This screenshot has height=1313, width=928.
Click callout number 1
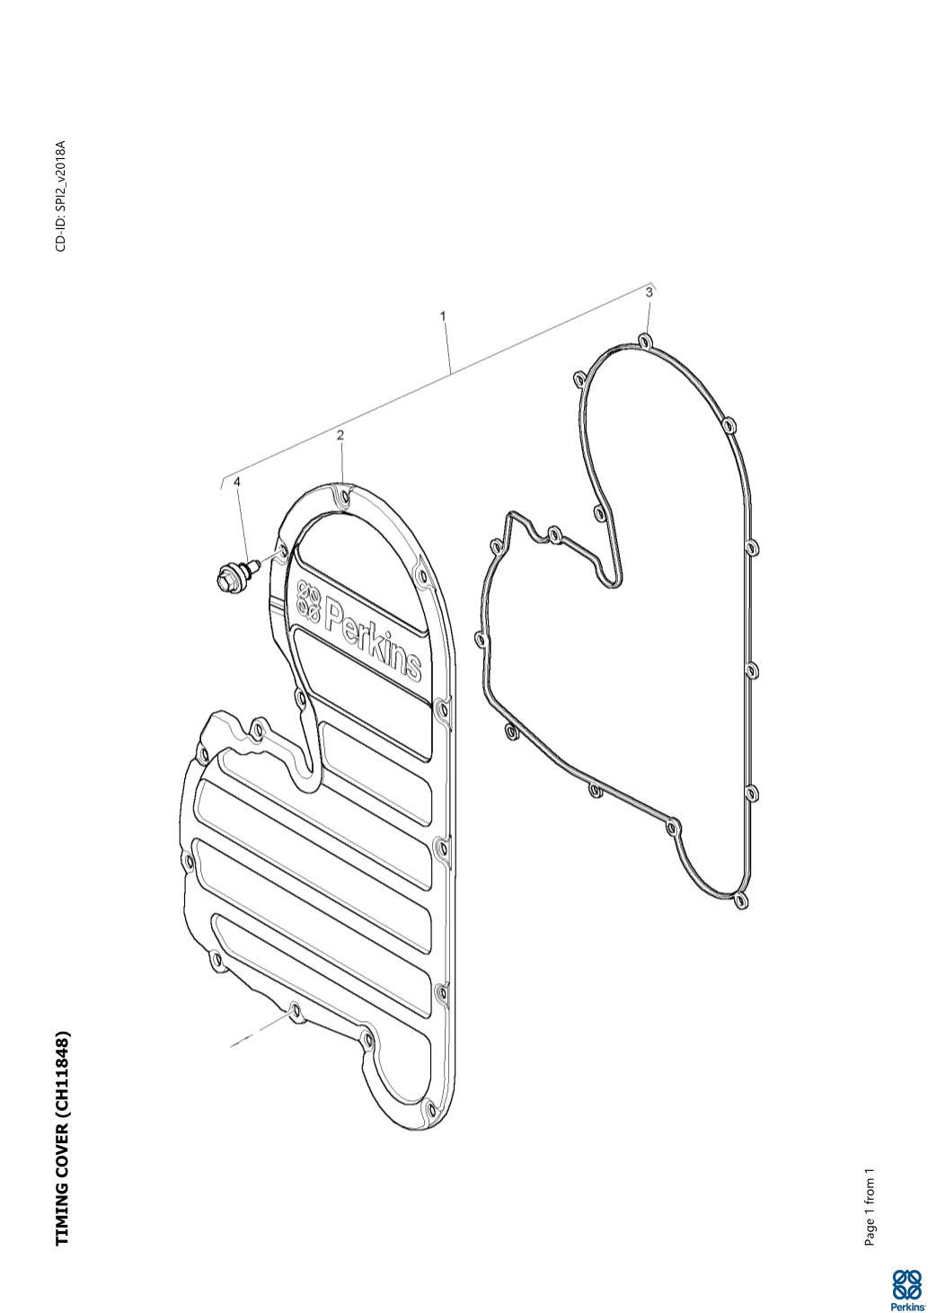[443, 316]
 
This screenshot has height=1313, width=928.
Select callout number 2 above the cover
[340, 435]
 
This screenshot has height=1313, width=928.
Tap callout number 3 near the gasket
[650, 292]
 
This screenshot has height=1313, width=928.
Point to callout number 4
[236, 482]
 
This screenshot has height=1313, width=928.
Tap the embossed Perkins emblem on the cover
[308, 599]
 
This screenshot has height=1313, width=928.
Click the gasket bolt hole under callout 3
[645, 341]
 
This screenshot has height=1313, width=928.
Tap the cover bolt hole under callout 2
[344, 499]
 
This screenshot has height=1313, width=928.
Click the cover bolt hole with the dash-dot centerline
[295, 1009]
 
